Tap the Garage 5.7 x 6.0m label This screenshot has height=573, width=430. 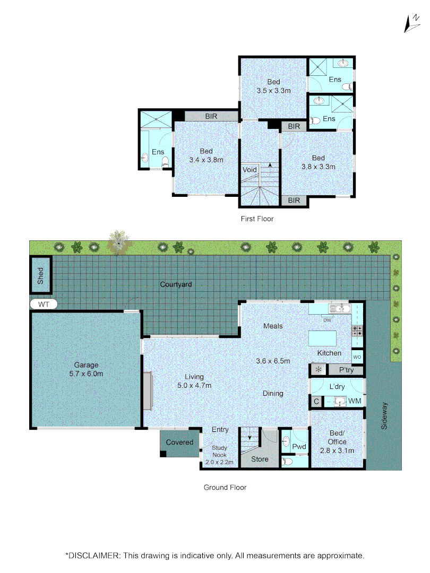click(85, 369)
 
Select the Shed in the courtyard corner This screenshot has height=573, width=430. click(41, 275)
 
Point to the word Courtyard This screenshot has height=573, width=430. click(176, 284)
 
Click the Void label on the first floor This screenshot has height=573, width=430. click(250, 170)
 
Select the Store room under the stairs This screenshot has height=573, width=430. click(260, 459)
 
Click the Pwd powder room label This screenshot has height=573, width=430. click(300, 447)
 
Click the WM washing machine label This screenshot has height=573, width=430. click(355, 401)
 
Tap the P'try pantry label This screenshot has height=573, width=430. click(342, 370)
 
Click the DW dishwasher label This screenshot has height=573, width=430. click(327, 320)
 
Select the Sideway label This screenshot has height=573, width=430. click(385, 415)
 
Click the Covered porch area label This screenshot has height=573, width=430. click(180, 442)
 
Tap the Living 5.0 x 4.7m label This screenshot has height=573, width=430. click(194, 381)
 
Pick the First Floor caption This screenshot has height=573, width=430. click(257, 219)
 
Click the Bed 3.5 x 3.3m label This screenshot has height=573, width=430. click(273, 86)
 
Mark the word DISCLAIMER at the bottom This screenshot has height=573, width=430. click(93, 555)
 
